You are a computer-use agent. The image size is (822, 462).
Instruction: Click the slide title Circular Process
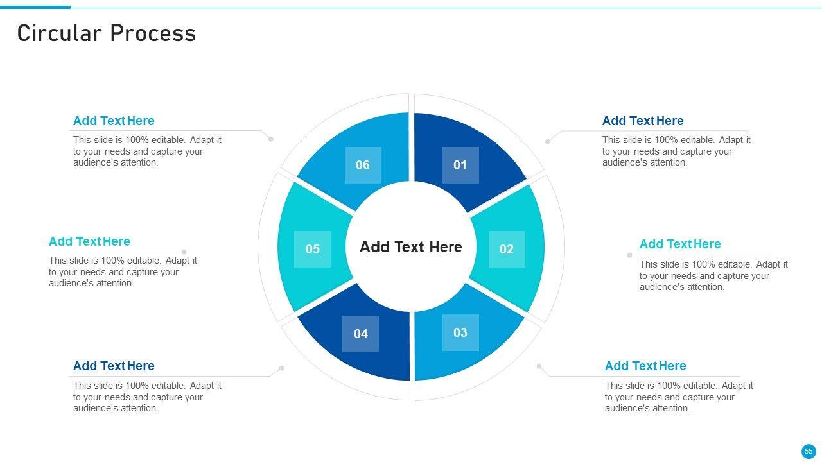(107, 33)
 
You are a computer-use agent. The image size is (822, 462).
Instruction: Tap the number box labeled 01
(460, 165)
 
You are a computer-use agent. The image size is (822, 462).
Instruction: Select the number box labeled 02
(507, 249)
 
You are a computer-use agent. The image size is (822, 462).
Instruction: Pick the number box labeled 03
(460, 332)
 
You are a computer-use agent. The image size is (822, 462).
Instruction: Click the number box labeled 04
(360, 334)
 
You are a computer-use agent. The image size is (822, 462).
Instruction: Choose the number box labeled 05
(312, 249)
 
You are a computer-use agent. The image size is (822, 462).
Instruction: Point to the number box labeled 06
(363, 165)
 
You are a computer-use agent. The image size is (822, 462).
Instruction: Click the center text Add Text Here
(411, 247)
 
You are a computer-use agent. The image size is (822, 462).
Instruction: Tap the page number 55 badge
(808, 451)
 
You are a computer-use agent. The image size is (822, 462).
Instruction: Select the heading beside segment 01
(643, 121)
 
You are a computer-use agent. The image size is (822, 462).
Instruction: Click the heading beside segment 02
(680, 244)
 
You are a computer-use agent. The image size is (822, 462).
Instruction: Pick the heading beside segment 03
(645, 366)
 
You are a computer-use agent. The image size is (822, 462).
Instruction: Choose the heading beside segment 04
(114, 366)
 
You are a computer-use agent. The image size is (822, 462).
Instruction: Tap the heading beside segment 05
(89, 241)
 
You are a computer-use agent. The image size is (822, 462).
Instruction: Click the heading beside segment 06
(114, 121)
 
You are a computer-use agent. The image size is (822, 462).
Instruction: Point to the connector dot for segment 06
(271, 139)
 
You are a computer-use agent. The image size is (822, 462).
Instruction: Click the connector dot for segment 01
(547, 141)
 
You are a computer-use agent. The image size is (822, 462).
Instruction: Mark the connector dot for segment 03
(539, 366)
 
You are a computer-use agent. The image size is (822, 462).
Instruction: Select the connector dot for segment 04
(282, 368)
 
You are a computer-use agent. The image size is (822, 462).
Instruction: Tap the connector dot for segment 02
(629, 255)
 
